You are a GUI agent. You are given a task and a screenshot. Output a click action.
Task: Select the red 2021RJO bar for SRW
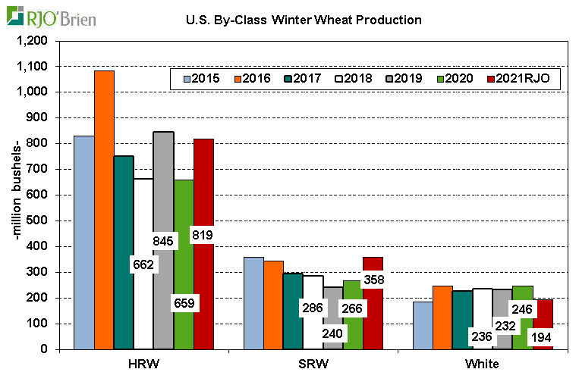(373, 318)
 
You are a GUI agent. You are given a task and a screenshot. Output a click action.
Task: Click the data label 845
(163, 241)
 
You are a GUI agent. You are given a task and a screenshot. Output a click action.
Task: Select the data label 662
(143, 264)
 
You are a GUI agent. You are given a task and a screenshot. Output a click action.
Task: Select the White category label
(482, 364)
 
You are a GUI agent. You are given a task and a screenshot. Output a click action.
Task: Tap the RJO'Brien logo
(52, 17)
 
